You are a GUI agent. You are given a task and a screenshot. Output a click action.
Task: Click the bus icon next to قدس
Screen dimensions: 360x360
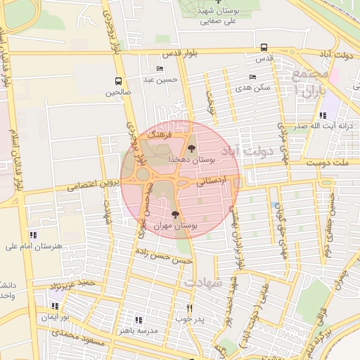point(264,48)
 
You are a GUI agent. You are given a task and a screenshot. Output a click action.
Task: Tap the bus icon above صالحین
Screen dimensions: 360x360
point(117,80)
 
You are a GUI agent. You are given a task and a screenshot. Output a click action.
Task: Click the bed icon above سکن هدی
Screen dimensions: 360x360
point(252,77)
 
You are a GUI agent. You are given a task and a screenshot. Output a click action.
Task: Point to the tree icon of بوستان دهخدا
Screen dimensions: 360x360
point(191,148)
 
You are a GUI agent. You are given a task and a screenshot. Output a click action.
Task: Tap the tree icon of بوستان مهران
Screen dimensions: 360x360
point(175,214)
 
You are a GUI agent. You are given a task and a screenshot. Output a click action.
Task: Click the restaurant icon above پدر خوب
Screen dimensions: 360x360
point(189,308)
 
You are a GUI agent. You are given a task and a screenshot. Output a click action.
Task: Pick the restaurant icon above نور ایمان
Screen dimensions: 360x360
point(55,306)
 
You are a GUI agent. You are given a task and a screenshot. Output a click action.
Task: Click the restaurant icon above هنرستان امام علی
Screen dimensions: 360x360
point(32,235)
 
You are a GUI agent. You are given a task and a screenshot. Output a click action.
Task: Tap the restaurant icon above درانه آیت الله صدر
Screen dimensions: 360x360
point(322,115)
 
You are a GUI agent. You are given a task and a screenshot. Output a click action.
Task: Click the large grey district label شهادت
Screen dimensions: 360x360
point(203,282)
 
